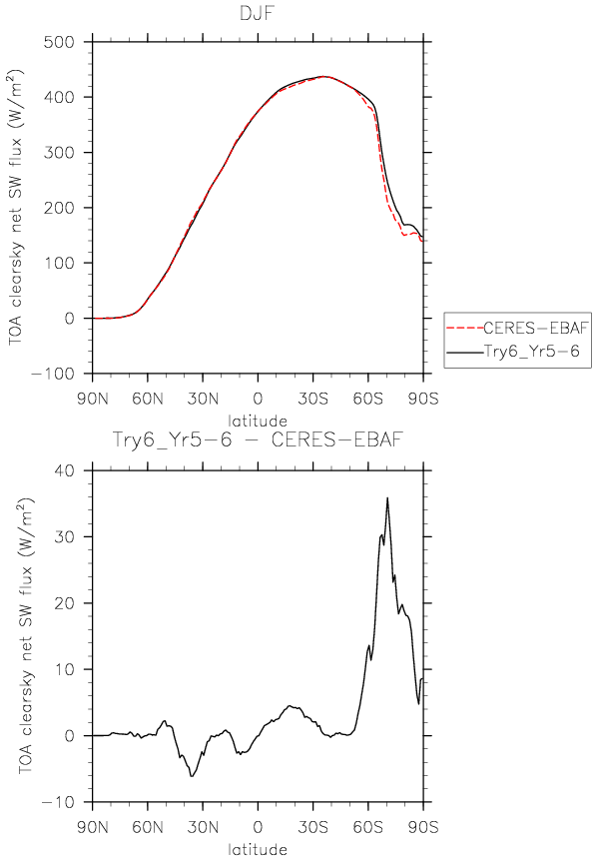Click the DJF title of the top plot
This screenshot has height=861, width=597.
(x=257, y=13)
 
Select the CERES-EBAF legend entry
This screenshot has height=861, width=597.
(x=535, y=329)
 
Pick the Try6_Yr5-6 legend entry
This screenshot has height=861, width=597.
(x=531, y=351)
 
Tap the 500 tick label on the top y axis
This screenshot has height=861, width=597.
(x=59, y=42)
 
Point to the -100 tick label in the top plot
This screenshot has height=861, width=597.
(x=52, y=374)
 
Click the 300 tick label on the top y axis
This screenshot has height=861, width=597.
(x=59, y=153)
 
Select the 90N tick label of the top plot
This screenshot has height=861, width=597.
(x=92, y=399)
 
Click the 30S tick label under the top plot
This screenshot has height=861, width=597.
(x=313, y=399)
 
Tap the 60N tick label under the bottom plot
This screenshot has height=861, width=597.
(x=148, y=826)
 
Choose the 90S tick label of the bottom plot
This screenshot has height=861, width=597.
(x=423, y=826)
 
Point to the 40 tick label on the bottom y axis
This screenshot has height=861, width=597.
(x=64, y=471)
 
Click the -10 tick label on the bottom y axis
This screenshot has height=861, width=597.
(x=58, y=803)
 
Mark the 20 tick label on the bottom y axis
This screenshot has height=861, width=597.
(x=64, y=603)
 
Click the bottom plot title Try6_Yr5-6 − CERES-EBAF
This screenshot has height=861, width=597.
(x=258, y=439)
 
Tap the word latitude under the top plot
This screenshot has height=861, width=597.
(x=258, y=422)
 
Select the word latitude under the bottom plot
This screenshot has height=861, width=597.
(x=258, y=849)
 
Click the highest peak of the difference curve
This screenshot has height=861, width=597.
(x=387, y=498)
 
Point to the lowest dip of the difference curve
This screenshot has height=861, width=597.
(x=192, y=776)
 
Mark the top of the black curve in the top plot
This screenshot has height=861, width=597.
(x=323, y=76)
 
